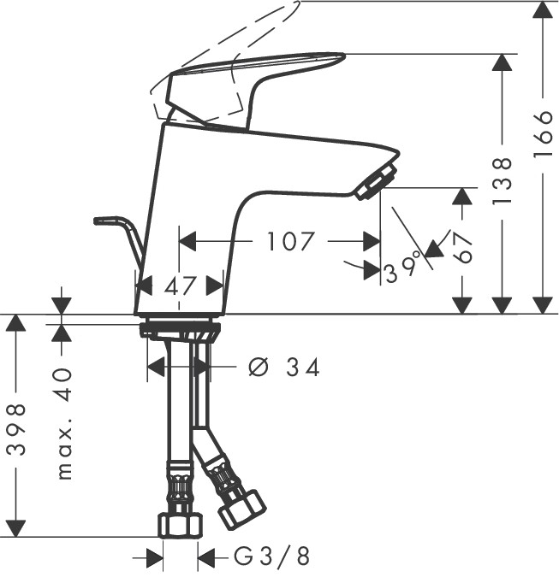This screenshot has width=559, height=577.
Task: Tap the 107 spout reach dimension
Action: tap(290, 242)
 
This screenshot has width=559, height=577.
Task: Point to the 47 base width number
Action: tap(181, 285)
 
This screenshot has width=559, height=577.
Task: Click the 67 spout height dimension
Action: tap(464, 249)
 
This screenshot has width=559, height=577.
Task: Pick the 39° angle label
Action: tap(403, 269)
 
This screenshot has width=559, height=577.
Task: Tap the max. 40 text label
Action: tap(63, 423)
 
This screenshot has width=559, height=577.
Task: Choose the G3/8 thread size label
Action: tap(271, 557)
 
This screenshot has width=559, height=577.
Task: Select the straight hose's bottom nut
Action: tap(180, 523)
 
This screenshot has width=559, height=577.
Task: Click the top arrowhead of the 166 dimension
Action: tap(543, 10)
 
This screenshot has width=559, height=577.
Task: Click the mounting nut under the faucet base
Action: tap(181, 328)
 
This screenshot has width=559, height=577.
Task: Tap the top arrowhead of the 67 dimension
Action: tap(462, 196)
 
